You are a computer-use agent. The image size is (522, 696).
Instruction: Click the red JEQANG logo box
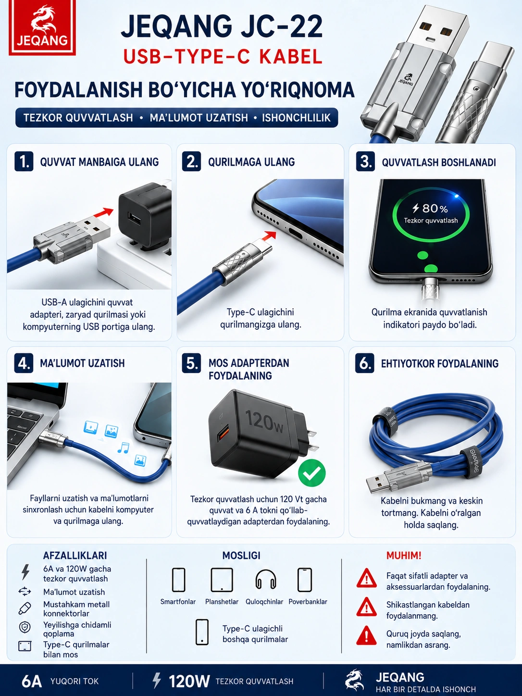(x=42, y=27)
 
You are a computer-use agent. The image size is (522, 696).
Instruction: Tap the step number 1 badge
(x=24, y=162)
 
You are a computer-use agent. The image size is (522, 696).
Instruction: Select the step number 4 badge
(x=24, y=363)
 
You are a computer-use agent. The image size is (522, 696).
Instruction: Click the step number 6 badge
(x=365, y=363)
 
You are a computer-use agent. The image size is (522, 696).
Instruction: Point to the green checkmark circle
(x=312, y=473)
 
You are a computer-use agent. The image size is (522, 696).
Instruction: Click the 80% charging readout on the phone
(x=430, y=208)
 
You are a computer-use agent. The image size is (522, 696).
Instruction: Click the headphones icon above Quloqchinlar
(x=266, y=580)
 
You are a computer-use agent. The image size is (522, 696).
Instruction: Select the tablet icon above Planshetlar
(x=222, y=580)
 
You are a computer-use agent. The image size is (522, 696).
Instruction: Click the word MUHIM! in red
(x=404, y=555)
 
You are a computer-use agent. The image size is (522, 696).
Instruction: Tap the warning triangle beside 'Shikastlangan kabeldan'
(x=367, y=607)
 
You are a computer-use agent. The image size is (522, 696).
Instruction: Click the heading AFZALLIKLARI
(x=75, y=555)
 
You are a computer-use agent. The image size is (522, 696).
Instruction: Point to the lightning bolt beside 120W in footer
(x=157, y=681)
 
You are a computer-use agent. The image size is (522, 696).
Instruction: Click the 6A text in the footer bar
(x=32, y=681)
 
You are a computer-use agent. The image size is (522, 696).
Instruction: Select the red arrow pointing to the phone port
(x=269, y=236)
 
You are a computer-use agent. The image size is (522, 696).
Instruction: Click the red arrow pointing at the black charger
(x=103, y=212)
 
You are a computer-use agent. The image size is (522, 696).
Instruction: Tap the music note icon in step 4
(x=123, y=447)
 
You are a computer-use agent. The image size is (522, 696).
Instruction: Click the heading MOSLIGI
(x=241, y=555)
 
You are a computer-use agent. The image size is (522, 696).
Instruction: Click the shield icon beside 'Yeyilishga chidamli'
(x=25, y=627)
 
